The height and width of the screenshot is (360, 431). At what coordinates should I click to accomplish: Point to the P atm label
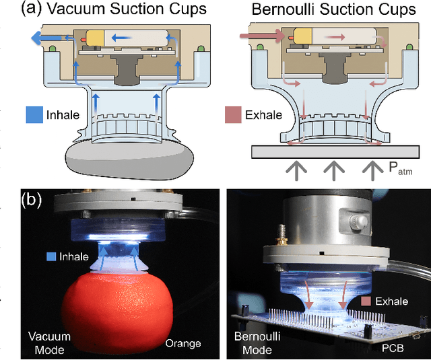pos(401,170)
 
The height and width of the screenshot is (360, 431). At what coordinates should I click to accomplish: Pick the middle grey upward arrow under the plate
pos(331,172)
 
